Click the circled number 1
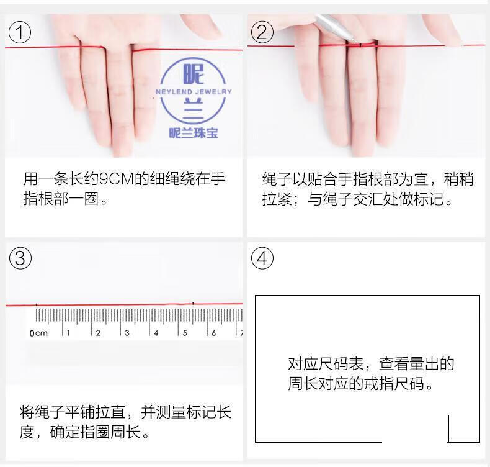pyautogui.click(x=20, y=32)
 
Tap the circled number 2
pyautogui.click(x=262, y=32)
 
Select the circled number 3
pyautogui.click(x=20, y=258)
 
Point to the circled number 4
pyautogui.click(x=262, y=258)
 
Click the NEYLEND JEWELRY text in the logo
pyautogui.click(x=194, y=92)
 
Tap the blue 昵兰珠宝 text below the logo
pyautogui.click(x=194, y=133)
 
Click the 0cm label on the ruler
pyautogui.click(x=38, y=333)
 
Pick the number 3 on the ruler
pyautogui.click(x=127, y=333)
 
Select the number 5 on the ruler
pyautogui.click(x=185, y=333)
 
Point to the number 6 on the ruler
pyautogui.click(x=214, y=333)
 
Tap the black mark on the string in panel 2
pyautogui.click(x=360, y=45)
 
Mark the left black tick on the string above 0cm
pyautogui.click(x=36, y=304)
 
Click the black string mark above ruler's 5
pyautogui.click(x=193, y=303)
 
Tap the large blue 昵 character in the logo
pyautogui.click(x=194, y=74)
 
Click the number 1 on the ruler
pyautogui.click(x=68, y=333)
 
